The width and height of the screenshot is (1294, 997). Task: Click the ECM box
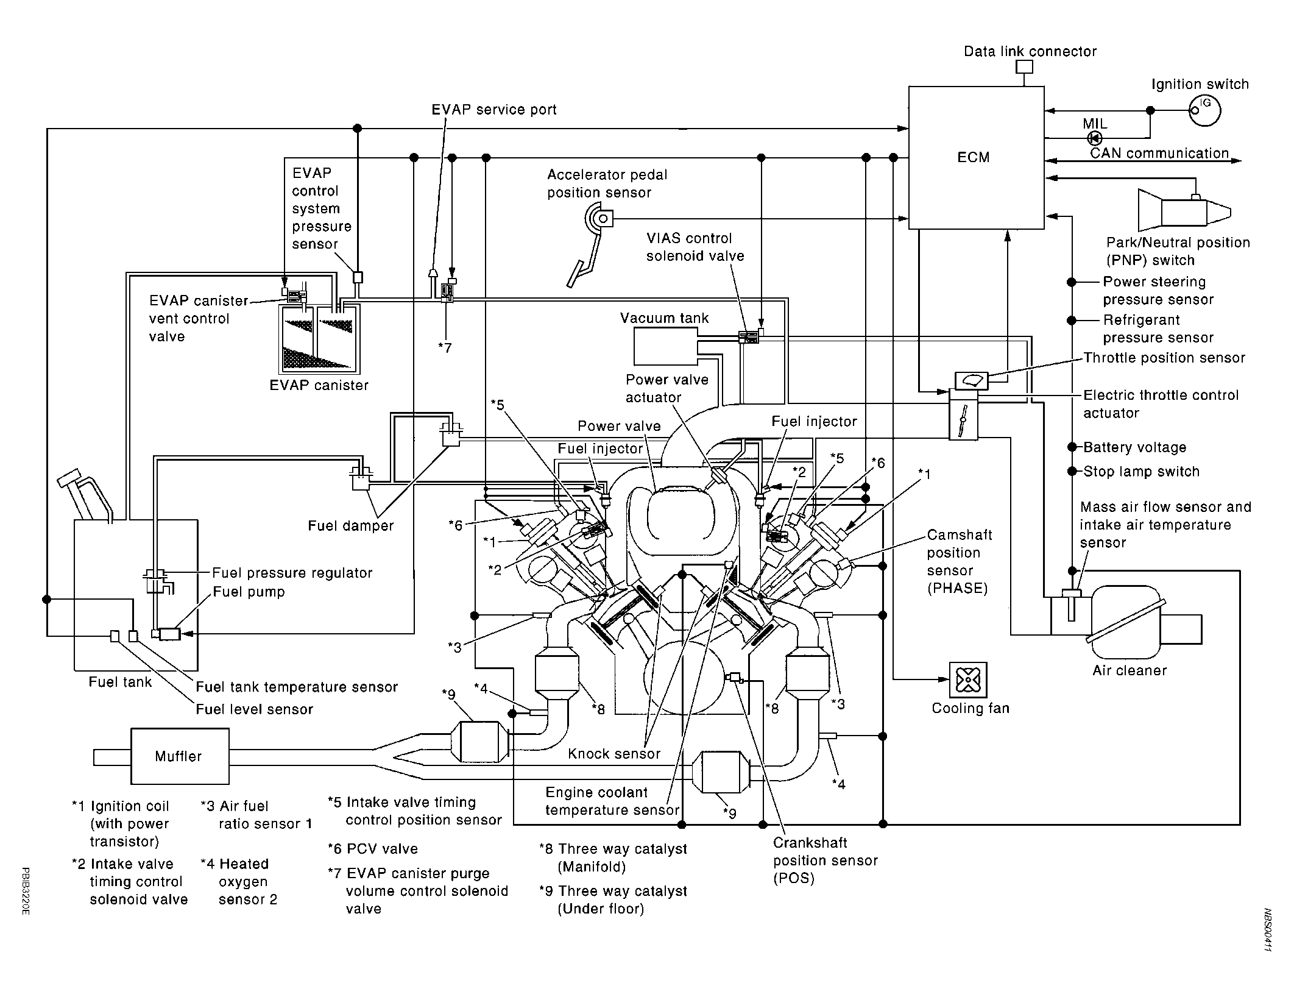point(976,157)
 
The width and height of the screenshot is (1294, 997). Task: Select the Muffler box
point(180,756)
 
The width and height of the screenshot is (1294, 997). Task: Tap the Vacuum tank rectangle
point(666,346)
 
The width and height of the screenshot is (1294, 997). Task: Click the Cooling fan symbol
point(967,679)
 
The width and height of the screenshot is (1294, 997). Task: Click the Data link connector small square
point(1024,66)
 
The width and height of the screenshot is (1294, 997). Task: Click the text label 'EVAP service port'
point(494,110)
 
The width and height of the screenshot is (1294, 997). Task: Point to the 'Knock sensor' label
point(614,754)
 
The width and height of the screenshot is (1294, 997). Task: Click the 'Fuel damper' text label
point(351,525)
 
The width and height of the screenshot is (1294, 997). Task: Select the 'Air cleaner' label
point(1130,670)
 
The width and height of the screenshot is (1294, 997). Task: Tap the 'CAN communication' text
point(1159,153)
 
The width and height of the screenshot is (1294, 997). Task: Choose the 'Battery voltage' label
point(1135,447)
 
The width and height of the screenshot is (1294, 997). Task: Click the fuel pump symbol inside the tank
point(169,634)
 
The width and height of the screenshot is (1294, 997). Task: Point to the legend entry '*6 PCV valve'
point(373,849)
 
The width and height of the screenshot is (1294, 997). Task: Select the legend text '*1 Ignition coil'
point(120,806)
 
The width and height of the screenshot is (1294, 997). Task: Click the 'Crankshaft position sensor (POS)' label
point(826,860)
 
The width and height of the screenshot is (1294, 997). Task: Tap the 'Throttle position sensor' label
point(1164,358)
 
